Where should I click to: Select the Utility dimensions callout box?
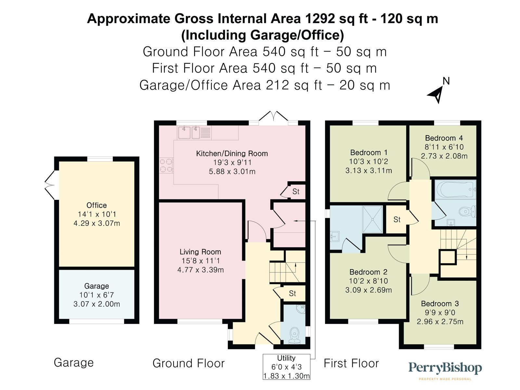286,367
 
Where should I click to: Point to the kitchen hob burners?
166,165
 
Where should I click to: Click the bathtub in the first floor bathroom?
455,190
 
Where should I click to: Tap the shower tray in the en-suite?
373,219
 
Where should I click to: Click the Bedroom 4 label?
444,138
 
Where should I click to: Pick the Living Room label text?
200,252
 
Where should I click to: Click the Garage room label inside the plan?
97,286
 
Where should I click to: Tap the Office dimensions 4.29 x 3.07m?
97,223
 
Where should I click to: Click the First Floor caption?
351,363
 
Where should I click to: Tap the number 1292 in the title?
319,19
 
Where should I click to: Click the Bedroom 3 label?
440,304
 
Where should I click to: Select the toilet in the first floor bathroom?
467,212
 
